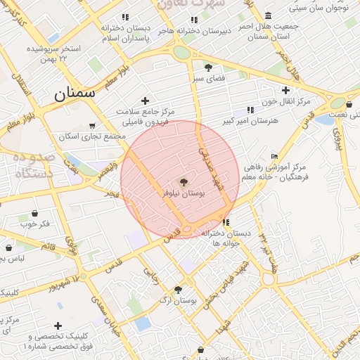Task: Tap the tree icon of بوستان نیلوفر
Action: (x=183, y=181)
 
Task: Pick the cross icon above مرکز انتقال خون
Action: (x=285, y=90)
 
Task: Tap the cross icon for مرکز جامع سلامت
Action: (x=145, y=101)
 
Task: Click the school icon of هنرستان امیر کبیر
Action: (x=250, y=110)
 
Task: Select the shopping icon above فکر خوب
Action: (x=34, y=212)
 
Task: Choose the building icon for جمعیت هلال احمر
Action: (x=269, y=15)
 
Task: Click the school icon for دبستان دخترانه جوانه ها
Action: (x=226, y=222)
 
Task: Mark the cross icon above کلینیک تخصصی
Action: (x=57, y=326)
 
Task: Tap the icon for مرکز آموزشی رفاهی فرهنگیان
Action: (x=274, y=156)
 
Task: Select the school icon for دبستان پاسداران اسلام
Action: (x=125, y=17)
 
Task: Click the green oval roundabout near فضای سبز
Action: (x=182, y=52)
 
